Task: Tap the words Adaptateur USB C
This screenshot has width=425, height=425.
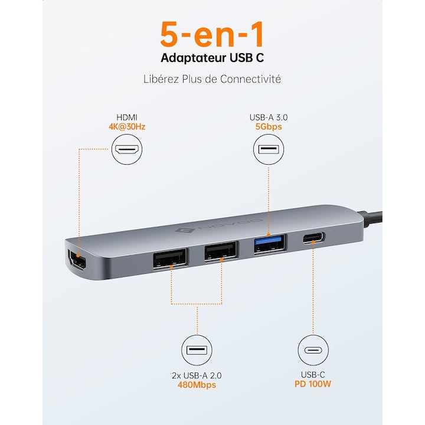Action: click(212, 58)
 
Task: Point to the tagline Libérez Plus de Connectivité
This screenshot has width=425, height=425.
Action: click(212, 79)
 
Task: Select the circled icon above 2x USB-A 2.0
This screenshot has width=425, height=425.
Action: click(196, 350)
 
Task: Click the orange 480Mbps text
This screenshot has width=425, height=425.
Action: click(196, 385)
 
